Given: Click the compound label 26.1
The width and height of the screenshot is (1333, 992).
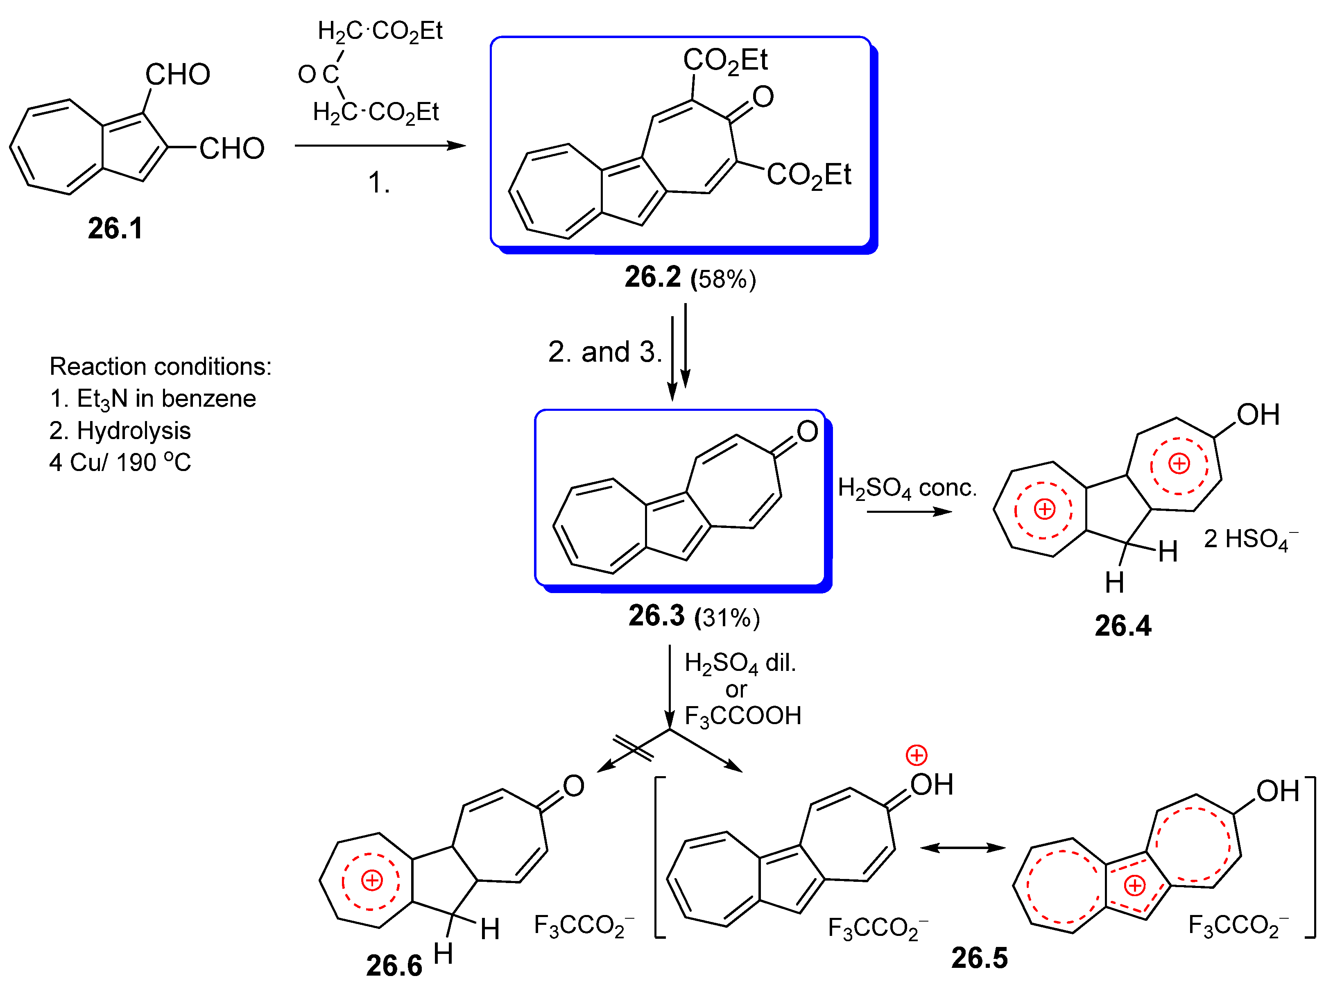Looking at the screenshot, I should (115, 229).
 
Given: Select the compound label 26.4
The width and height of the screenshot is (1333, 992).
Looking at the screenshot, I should (1122, 626).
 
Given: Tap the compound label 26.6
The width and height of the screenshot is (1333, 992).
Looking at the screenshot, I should (394, 965).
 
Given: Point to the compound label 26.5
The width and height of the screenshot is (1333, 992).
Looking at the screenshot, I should (979, 957).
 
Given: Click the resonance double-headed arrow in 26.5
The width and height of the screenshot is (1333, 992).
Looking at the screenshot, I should (962, 847).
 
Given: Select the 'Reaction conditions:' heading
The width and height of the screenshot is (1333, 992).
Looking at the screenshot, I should (160, 366).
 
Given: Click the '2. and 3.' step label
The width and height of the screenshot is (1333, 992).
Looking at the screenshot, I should (604, 352).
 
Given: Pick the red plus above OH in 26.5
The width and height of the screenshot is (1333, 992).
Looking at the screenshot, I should (916, 755).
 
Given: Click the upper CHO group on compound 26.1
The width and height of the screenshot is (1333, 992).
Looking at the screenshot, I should (178, 75).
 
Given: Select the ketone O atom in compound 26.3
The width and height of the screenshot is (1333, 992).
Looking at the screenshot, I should (807, 431).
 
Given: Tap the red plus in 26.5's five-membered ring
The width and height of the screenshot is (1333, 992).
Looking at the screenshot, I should (1134, 885).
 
